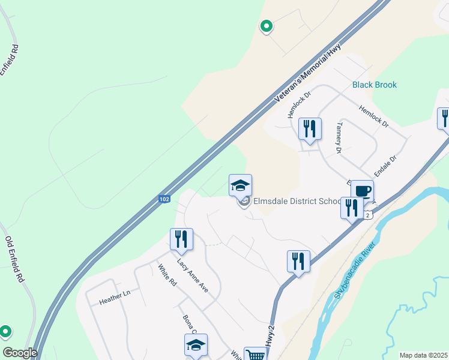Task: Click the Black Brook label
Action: click(x=374, y=85)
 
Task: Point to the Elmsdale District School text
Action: click(x=297, y=201)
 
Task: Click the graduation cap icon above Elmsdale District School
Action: click(x=240, y=185)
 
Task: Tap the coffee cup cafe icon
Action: click(x=362, y=191)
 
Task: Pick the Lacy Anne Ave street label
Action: click(x=192, y=275)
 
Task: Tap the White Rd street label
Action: click(x=167, y=275)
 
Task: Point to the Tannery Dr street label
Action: click(x=339, y=138)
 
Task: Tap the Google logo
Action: click(x=20, y=353)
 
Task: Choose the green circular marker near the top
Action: click(x=266, y=26)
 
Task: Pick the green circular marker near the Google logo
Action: click(x=5, y=331)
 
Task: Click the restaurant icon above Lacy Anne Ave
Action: click(x=181, y=239)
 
